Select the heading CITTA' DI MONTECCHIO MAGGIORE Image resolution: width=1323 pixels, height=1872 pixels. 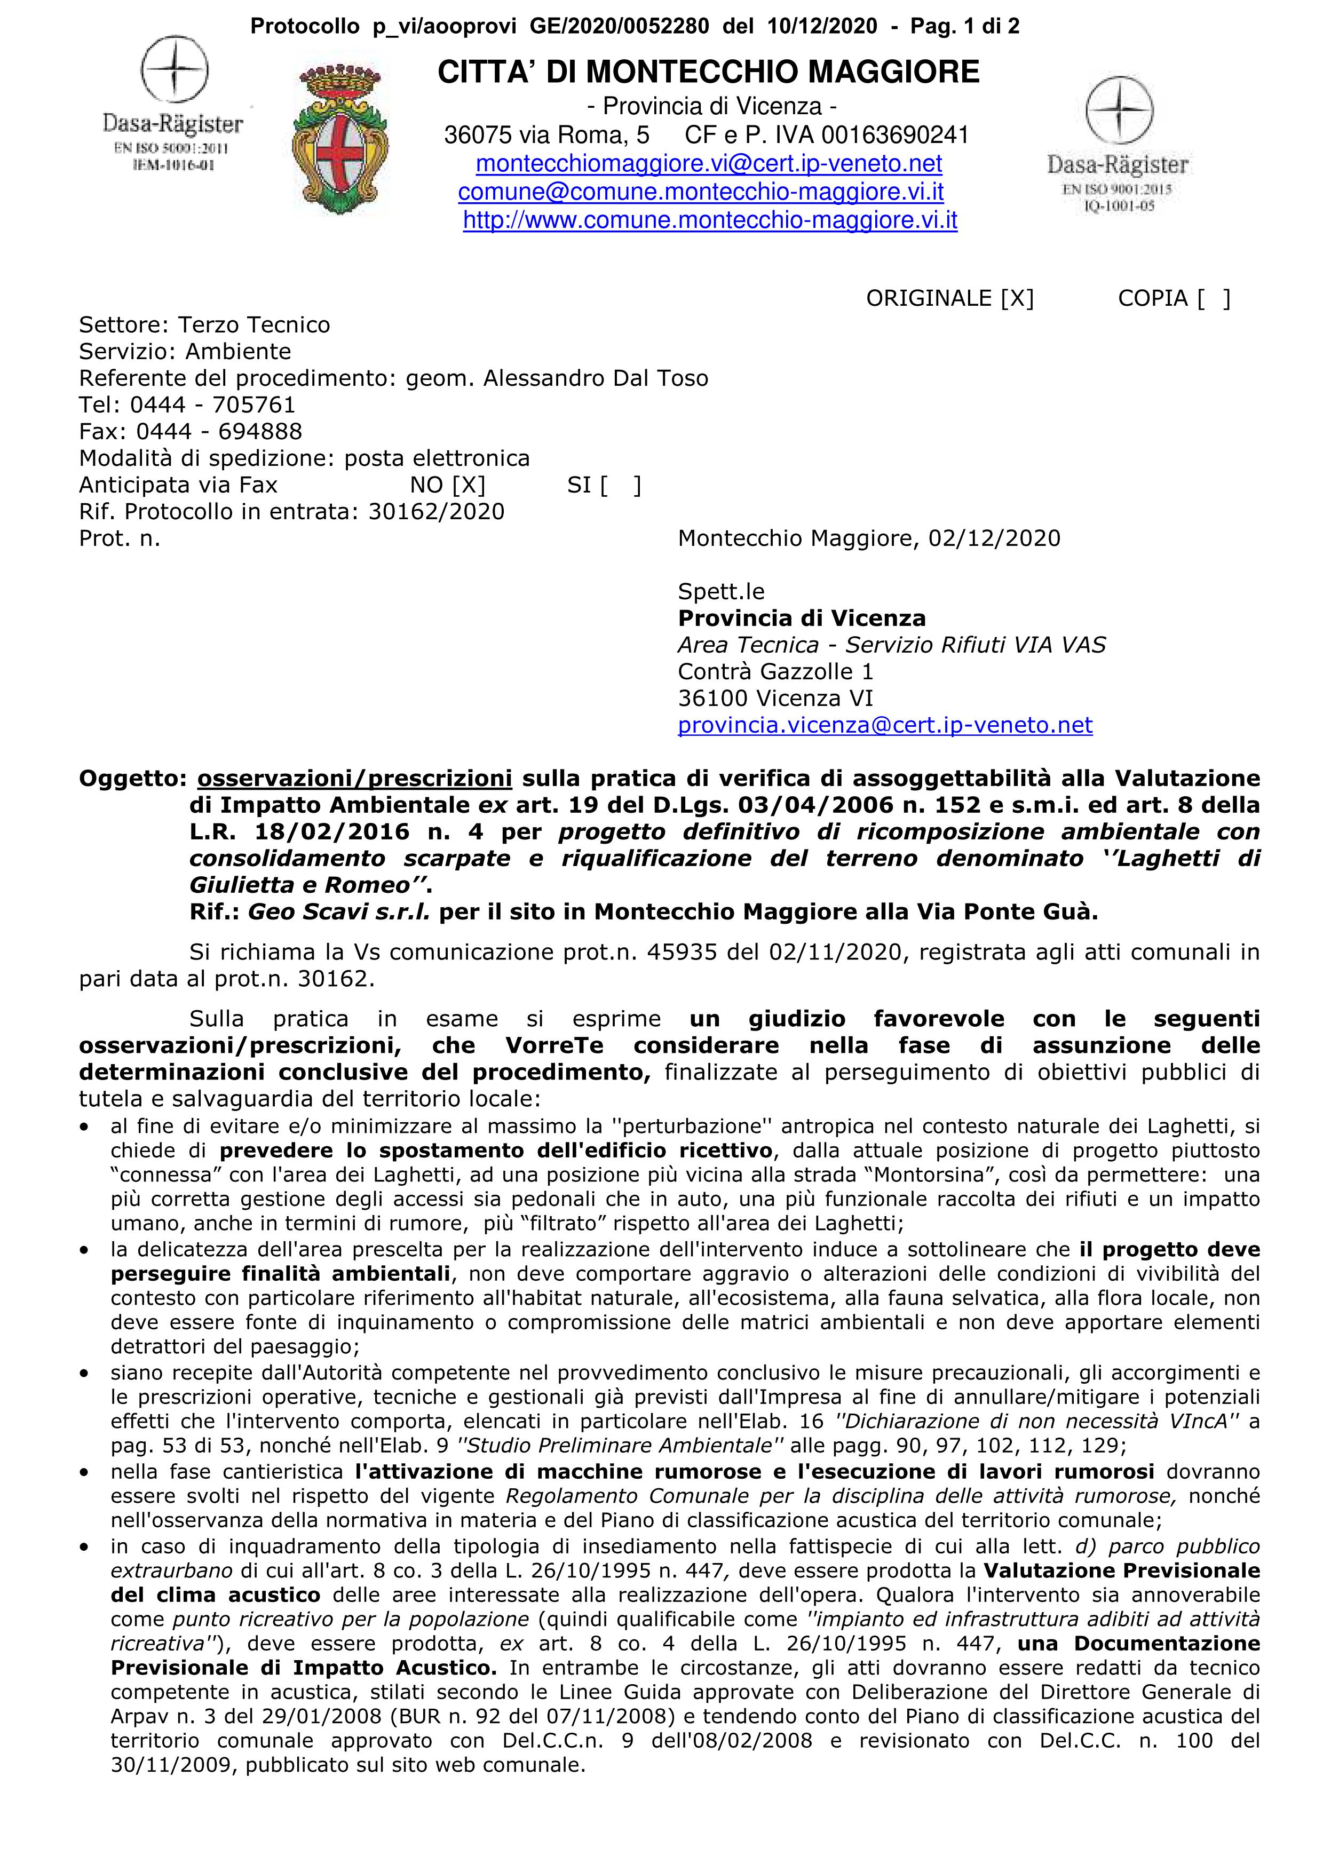click(708, 73)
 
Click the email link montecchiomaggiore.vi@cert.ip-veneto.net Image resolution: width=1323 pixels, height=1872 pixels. click(708, 164)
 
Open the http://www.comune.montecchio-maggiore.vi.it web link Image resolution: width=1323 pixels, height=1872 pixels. click(709, 220)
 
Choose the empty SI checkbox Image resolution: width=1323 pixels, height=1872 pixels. click(620, 486)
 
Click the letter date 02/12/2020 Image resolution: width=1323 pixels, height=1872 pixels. click(994, 539)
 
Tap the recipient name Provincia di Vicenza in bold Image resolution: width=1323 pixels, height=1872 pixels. click(801, 619)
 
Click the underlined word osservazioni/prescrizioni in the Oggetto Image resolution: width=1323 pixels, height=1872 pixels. click(354, 779)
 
